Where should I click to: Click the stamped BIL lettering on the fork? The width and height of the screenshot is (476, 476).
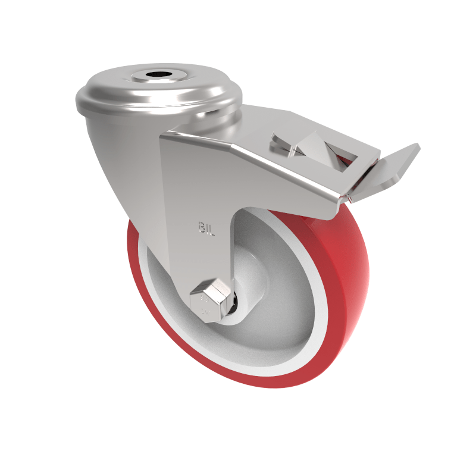[x=205, y=227]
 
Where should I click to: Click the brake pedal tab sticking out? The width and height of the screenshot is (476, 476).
[x=396, y=167]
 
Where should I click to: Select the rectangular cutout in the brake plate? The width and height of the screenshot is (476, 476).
[x=333, y=152]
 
